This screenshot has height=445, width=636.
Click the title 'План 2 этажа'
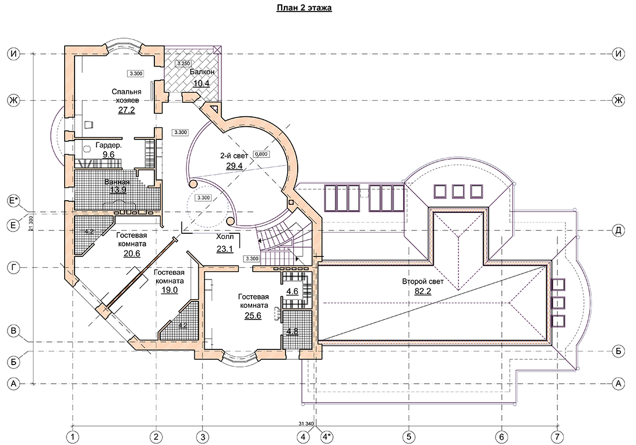tap(304, 8)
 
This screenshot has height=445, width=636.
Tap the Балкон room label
tap(202, 72)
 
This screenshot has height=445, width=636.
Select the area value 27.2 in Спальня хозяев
tap(127, 110)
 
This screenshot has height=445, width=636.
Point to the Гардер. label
tap(109, 145)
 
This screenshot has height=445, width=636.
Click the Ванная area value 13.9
tap(117, 190)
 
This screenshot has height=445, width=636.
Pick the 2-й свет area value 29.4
tap(234, 166)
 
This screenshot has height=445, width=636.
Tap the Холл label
tap(225, 237)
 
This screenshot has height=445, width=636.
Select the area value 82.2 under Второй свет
tap(423, 291)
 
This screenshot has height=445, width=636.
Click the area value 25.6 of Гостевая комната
tap(253, 315)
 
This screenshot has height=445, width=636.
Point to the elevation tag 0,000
tap(261, 155)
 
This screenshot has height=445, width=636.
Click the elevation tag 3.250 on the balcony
tap(183, 64)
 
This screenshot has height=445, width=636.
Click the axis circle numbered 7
tap(557, 437)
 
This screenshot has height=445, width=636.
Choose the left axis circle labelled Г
tap(14, 267)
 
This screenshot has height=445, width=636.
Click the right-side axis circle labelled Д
tap(618, 230)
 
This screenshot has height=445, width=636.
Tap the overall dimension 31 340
tap(306, 424)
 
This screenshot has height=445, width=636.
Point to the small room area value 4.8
tap(293, 332)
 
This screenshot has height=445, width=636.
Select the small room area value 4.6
tap(293, 291)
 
